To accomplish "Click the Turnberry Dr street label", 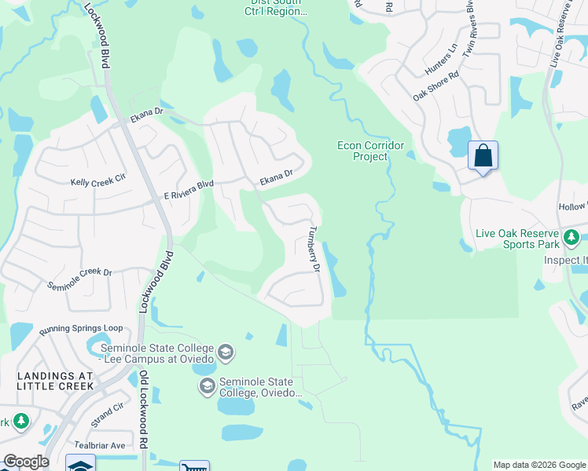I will point(315,249).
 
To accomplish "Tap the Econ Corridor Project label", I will point(370,151).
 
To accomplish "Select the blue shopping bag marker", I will point(483,155).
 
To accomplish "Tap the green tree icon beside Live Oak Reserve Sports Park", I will point(573,235).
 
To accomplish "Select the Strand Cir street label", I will point(108,414).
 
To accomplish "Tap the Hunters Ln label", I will point(441,68).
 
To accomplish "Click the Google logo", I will point(26,462).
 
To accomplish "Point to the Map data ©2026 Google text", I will point(539,465).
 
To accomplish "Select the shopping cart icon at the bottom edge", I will point(194,466).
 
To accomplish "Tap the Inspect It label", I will point(565,260).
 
